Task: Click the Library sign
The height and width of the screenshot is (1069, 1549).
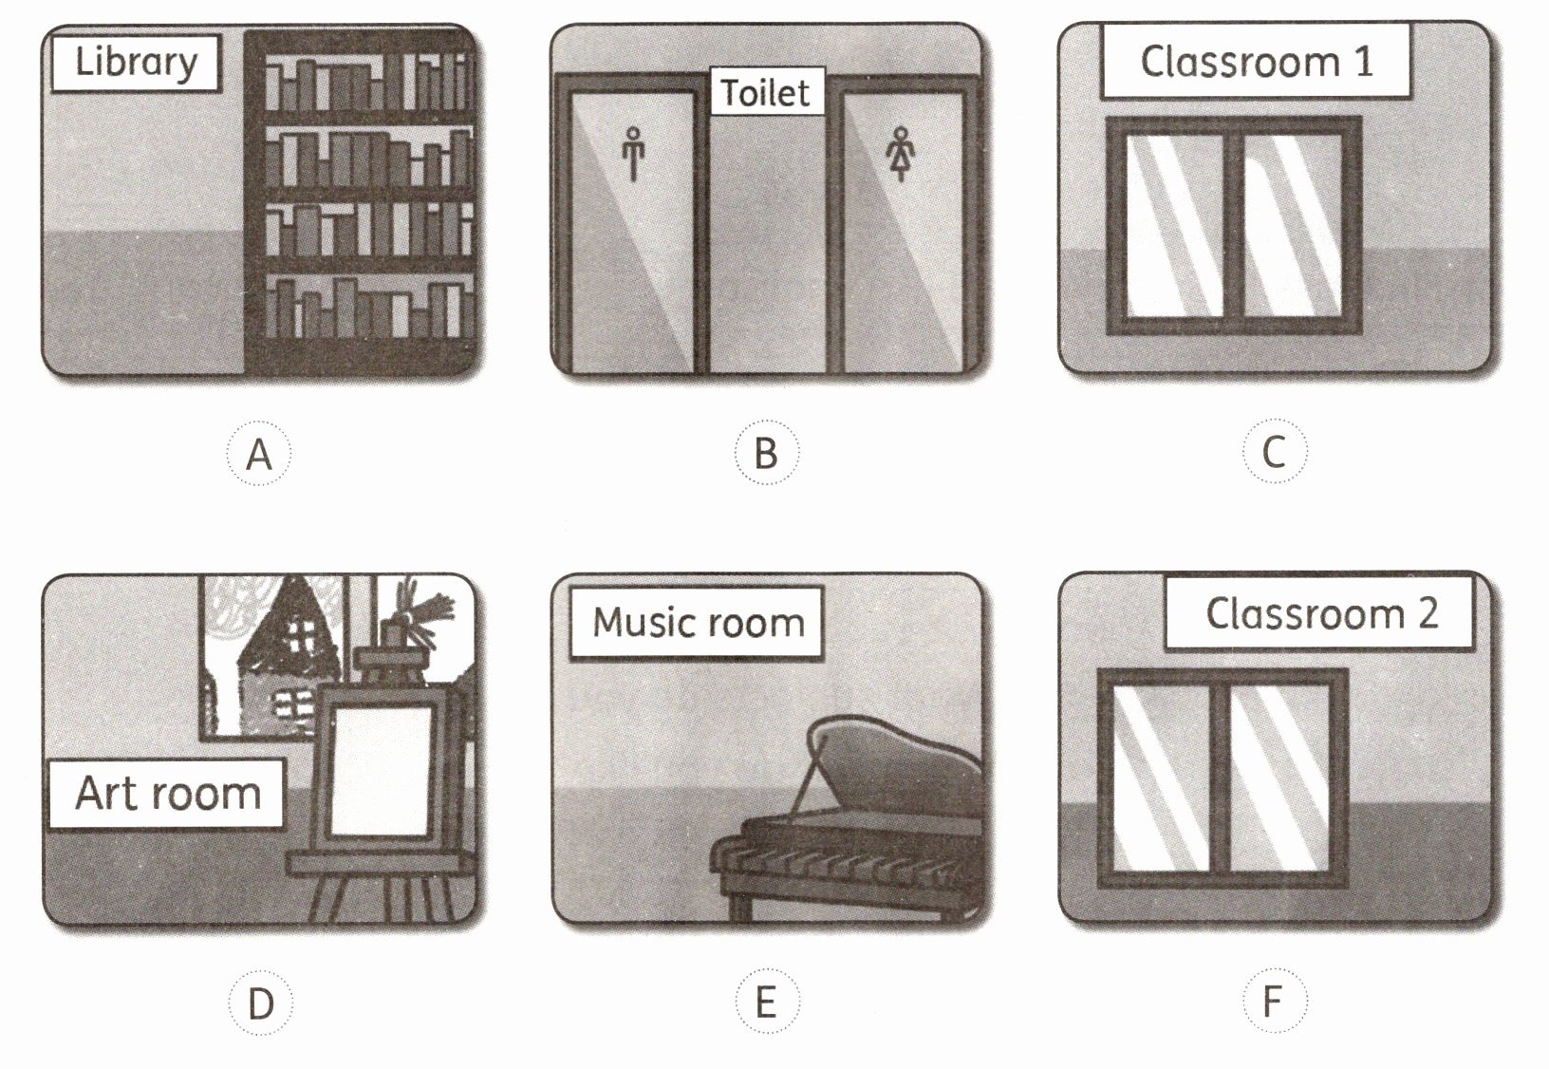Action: coord(136,63)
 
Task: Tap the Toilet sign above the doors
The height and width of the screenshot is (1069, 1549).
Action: coord(766,91)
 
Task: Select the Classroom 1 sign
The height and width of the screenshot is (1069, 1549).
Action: coord(1256,62)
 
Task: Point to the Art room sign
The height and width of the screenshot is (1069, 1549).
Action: coord(167,793)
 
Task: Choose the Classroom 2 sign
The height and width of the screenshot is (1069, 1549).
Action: coord(1319,613)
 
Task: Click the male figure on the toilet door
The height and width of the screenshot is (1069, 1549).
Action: coord(633,153)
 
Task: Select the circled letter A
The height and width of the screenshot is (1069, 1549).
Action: coord(259,454)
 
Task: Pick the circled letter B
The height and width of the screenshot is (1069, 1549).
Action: coord(766,453)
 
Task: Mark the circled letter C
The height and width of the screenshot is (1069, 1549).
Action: coord(1275,451)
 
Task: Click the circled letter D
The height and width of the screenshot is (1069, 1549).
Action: coord(261,1003)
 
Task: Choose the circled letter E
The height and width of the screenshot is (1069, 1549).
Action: coord(767,1002)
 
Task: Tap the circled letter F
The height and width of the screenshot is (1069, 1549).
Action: coord(1275,1001)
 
